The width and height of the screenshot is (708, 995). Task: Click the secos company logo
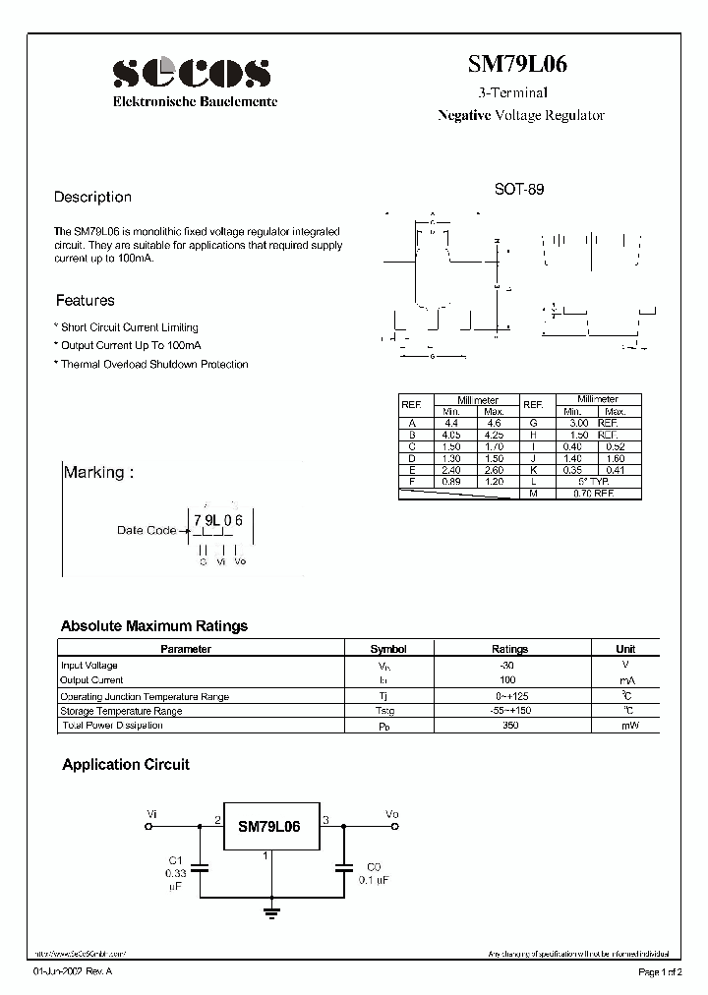point(191,73)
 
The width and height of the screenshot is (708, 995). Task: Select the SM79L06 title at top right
point(517,66)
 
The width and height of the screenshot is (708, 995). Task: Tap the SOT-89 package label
point(518,190)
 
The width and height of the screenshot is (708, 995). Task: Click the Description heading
point(92,197)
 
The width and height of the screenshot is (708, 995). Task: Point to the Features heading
point(85,301)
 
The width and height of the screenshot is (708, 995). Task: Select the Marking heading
point(93,473)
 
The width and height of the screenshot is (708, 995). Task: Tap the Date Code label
point(146,530)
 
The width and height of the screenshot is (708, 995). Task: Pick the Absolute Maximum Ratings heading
point(154,626)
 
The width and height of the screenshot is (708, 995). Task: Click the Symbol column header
point(387,649)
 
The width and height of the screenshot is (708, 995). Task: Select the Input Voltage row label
point(88,666)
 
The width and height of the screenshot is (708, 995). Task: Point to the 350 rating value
point(508,726)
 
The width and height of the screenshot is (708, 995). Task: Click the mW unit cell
point(625,726)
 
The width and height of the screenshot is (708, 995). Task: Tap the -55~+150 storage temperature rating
point(508,711)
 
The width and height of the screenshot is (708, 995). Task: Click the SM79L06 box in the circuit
point(268,827)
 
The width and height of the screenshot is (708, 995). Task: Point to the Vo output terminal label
point(392,814)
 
